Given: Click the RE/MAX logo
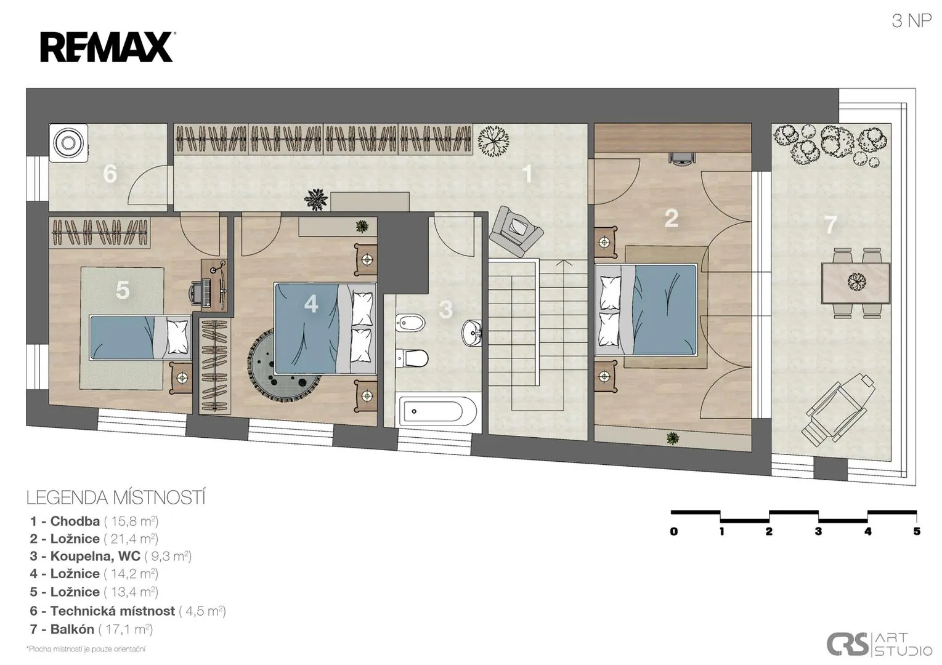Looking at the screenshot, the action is click(x=107, y=47).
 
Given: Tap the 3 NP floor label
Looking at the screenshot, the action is click(x=912, y=21).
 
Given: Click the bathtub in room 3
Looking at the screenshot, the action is click(x=437, y=411).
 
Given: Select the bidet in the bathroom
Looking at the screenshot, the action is click(x=410, y=323).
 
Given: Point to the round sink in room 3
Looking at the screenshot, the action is click(x=472, y=333).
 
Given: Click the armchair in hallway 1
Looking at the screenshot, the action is click(x=516, y=231).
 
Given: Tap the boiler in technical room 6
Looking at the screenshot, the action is click(x=68, y=143).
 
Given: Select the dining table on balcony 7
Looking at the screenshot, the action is click(x=856, y=283).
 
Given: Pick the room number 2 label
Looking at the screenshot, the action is click(x=671, y=218).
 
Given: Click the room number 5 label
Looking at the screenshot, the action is click(x=123, y=289).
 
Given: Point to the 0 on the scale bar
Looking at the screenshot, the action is click(x=674, y=531).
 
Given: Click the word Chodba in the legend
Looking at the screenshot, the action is click(x=75, y=522).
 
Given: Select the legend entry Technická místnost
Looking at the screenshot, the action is click(x=128, y=611).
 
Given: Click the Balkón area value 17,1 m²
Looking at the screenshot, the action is click(x=126, y=629).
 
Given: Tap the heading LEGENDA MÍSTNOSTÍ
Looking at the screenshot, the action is click(x=116, y=498).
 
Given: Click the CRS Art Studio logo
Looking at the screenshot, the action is click(x=879, y=644).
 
